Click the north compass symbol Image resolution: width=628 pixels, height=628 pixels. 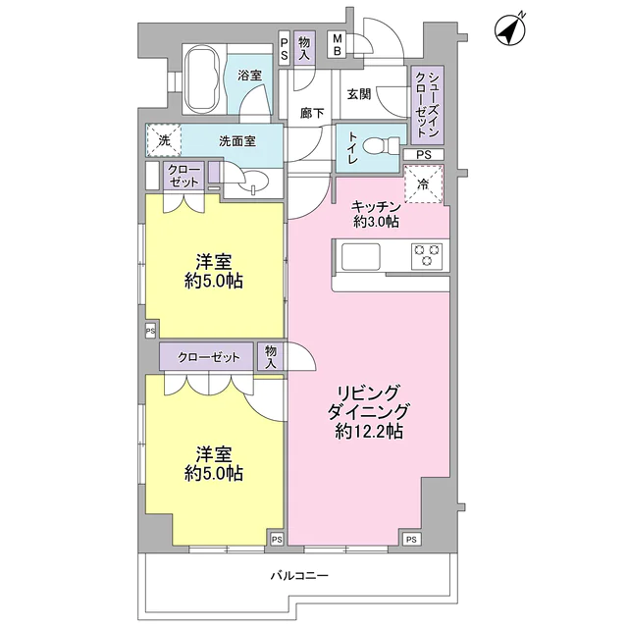510,31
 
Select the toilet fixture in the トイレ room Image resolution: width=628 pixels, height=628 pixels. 382,146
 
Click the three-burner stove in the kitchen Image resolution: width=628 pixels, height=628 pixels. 427,256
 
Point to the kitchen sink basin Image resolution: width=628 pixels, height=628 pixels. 360,257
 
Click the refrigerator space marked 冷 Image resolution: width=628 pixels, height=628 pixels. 424,184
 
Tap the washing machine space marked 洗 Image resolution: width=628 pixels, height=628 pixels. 164,140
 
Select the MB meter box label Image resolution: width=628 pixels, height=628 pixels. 338,45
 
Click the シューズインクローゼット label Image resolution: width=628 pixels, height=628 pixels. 428,105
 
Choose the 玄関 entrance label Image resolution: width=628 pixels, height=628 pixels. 358,94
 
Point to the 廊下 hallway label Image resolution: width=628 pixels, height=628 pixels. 312,114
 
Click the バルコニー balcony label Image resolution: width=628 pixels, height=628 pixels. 299,576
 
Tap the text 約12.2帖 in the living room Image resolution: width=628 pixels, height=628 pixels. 369,432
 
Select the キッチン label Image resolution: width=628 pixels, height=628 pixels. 376,207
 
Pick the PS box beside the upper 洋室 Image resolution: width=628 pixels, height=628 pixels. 150,332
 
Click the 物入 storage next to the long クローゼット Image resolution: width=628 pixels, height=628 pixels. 271,356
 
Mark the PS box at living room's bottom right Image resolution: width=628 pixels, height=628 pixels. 411,540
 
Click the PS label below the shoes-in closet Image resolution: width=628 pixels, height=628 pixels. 424,154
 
